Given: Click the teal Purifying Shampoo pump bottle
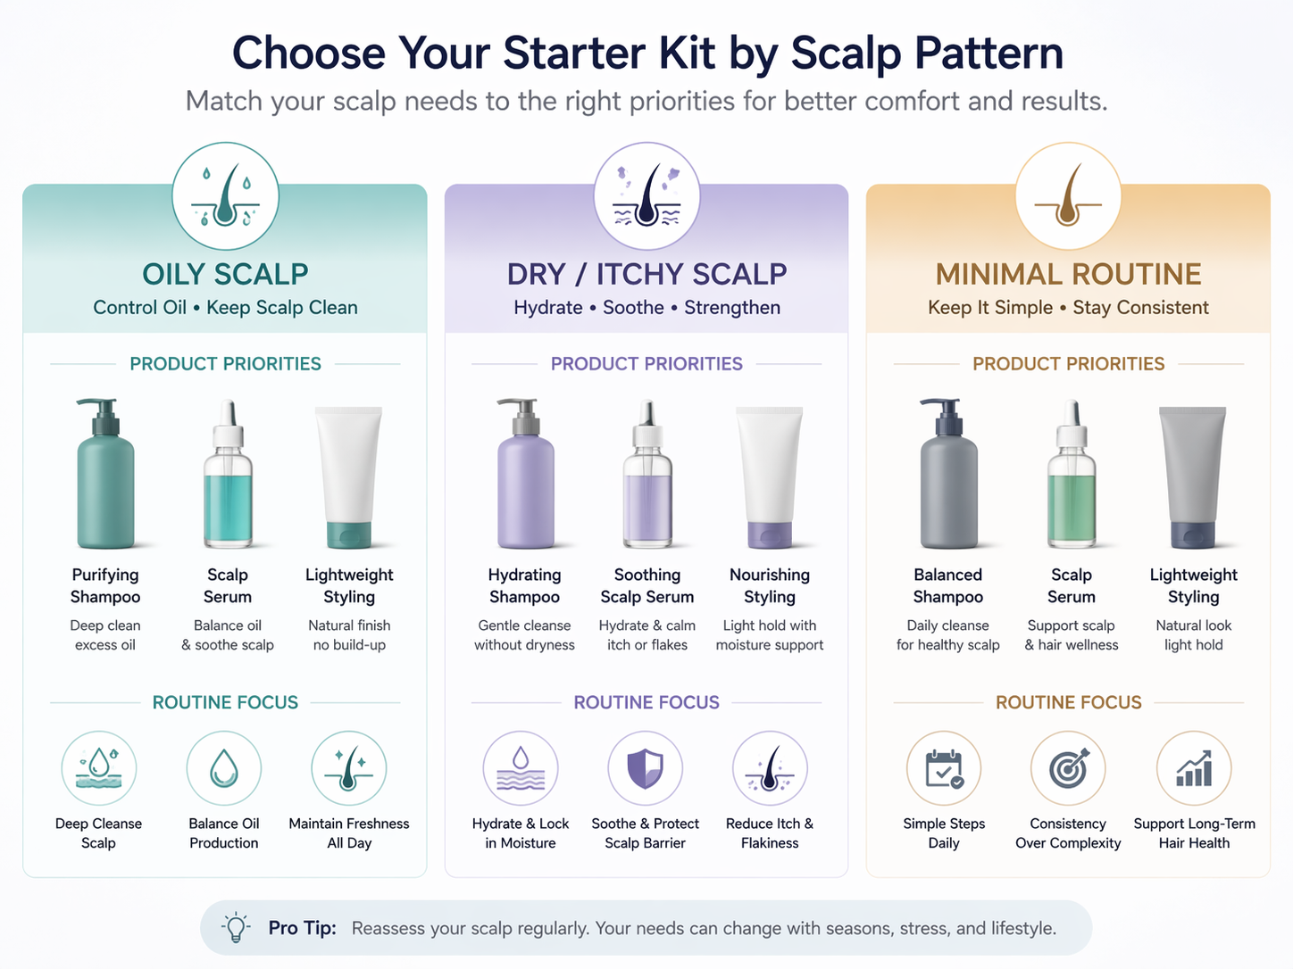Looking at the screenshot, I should (105, 486).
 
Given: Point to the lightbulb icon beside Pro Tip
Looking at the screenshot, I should (236, 927).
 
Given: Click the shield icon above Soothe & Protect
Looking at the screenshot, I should (646, 768).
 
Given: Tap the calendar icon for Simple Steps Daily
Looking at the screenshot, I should (944, 768).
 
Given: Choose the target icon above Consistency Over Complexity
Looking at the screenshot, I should (1068, 768).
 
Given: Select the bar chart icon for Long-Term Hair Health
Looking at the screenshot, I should (1194, 768).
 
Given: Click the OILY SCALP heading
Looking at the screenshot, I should (225, 274).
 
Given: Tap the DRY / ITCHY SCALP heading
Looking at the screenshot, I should (646, 274).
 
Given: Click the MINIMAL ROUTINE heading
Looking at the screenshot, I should (1068, 274).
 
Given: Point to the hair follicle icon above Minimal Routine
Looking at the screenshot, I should (1068, 196).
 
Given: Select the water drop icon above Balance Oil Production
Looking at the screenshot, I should (224, 768).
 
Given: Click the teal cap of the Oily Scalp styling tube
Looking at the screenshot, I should (349, 534).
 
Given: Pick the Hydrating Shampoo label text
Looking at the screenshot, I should (524, 586).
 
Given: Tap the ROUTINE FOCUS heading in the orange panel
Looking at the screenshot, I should (1068, 702).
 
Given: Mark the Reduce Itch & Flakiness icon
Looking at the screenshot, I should (770, 768).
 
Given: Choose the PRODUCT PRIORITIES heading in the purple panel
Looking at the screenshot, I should (646, 364).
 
